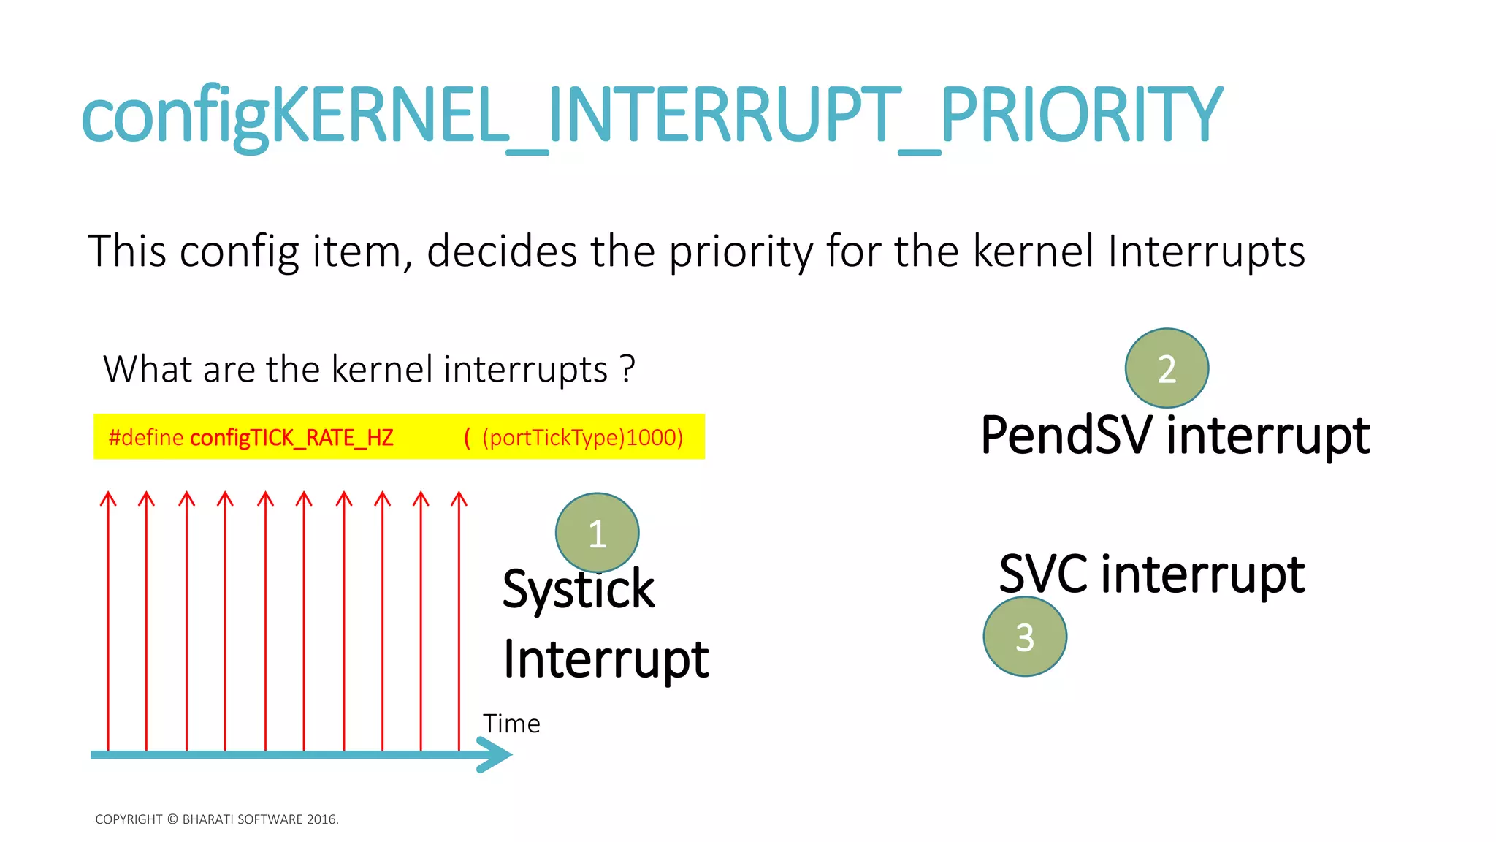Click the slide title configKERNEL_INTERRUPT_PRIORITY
click(x=652, y=115)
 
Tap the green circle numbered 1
click(x=597, y=533)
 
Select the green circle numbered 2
click(x=1167, y=368)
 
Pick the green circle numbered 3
click(x=1025, y=637)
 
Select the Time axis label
click(x=511, y=724)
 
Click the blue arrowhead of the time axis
click(x=497, y=754)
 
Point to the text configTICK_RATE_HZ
click(x=291, y=438)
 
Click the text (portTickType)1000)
click(x=582, y=438)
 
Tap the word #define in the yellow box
click(x=146, y=438)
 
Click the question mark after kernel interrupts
click(x=627, y=369)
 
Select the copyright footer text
click(x=217, y=819)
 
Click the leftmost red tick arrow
click(x=108, y=621)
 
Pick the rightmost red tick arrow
click(x=459, y=621)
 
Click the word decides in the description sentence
click(x=503, y=251)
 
